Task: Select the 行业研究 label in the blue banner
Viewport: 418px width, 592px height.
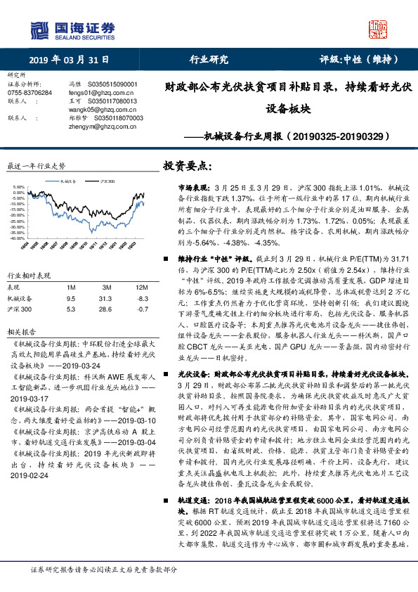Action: pyautogui.click(x=209, y=60)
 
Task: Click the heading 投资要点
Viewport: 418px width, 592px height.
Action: pyautogui.click(x=186, y=166)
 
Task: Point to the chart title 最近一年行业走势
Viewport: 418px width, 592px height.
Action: pyautogui.click(x=36, y=166)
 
